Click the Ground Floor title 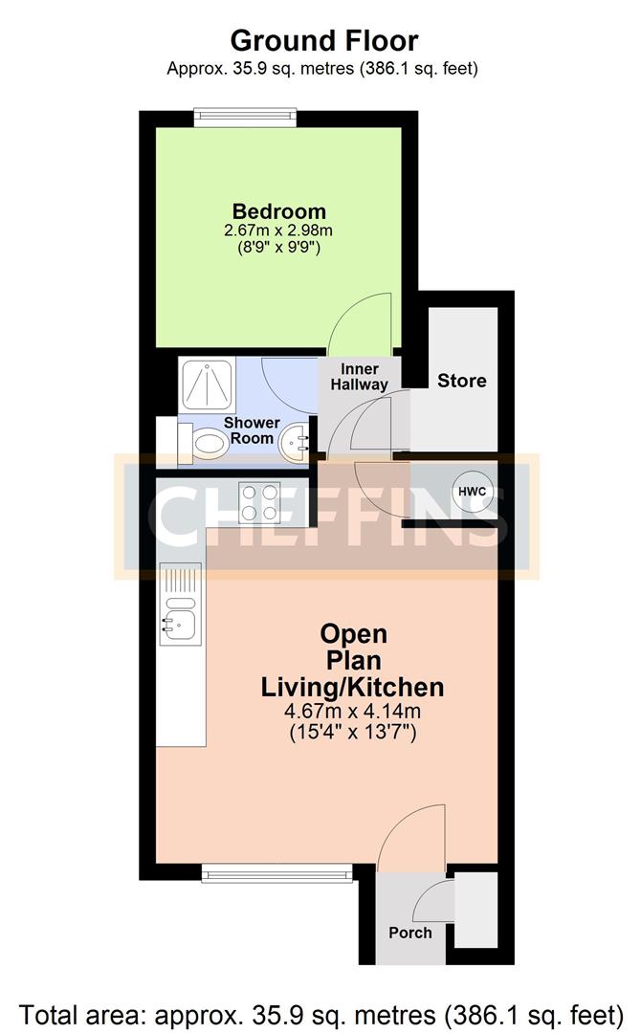point(324,41)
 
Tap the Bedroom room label point(279,211)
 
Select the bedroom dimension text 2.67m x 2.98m point(278,231)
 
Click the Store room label point(462,380)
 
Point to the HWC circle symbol point(473,492)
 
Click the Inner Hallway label point(359,376)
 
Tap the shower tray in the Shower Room point(207,386)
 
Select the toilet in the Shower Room point(203,444)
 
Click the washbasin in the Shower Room point(294,443)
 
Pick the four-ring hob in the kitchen point(259,503)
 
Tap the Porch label point(410,933)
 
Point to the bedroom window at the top point(245,118)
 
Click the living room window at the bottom point(276,873)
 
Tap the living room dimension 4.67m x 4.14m point(352,712)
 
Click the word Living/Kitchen point(352,687)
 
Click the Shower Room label point(252,430)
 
